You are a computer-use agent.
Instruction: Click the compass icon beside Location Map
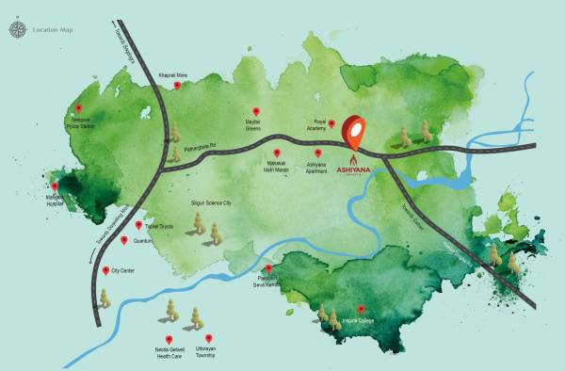tap(16, 30)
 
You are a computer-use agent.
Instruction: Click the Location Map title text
tap(54, 30)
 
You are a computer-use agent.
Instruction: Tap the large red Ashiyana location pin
tap(354, 131)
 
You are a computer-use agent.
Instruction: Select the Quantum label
tap(143, 241)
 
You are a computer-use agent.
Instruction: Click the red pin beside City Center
tap(105, 270)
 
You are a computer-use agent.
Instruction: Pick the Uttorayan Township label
tap(208, 353)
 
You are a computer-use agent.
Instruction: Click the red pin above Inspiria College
tap(360, 309)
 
